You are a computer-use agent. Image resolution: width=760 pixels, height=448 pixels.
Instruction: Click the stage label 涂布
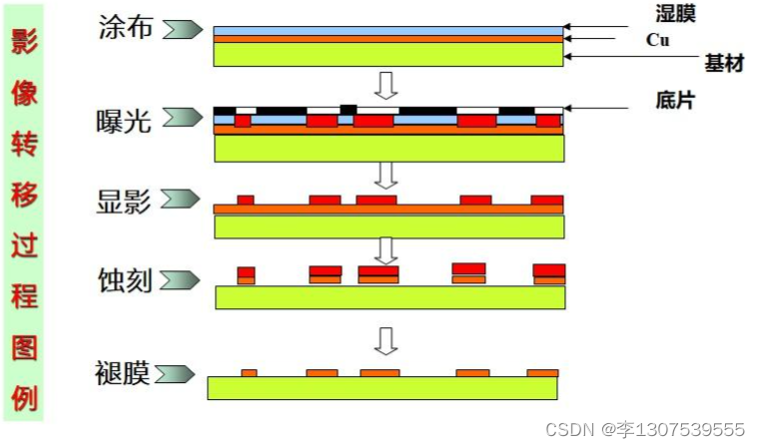tap(126, 27)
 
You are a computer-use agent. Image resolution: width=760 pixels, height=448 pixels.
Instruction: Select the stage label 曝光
tap(125, 121)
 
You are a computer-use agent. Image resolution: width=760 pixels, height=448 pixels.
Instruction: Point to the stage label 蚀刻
tap(125, 279)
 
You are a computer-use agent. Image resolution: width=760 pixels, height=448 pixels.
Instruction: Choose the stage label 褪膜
tap(125, 373)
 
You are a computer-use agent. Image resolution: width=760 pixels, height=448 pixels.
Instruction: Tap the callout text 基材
tap(724, 63)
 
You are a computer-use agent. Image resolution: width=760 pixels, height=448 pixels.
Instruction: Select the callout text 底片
tap(675, 100)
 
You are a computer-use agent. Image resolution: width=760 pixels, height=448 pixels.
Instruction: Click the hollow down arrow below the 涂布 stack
tap(385, 83)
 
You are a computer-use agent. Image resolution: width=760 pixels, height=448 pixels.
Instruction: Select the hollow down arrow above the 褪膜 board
tap(385, 339)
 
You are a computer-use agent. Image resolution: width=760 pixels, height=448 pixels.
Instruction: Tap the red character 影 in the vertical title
tap(24, 41)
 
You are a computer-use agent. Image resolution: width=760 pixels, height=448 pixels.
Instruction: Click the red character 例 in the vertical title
tap(24, 398)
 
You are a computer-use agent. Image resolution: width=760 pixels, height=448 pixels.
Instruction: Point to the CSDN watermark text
tap(645, 430)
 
